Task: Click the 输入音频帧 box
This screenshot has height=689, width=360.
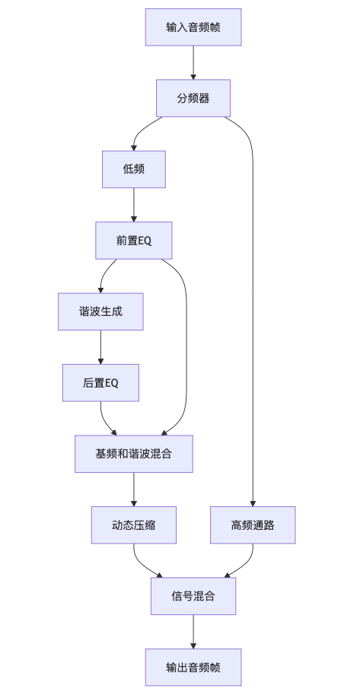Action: (x=193, y=28)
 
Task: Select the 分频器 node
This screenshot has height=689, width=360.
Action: (x=193, y=98)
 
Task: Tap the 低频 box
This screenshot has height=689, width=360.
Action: (x=134, y=169)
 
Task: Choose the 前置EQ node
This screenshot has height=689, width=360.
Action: (x=134, y=241)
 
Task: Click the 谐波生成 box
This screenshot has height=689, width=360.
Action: (x=100, y=311)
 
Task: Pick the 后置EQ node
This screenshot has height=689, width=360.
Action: (x=100, y=382)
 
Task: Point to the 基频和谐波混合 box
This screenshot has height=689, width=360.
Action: (x=134, y=454)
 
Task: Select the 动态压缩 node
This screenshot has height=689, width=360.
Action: (x=134, y=525)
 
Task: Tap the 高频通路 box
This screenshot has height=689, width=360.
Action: (x=253, y=525)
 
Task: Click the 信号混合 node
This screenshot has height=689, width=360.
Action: (x=193, y=596)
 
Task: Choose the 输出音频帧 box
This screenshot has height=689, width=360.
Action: (x=193, y=667)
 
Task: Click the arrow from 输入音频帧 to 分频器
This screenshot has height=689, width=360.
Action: (x=193, y=63)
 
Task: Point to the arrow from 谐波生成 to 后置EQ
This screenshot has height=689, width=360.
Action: (x=100, y=346)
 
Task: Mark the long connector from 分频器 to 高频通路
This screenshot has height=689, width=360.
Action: (x=253, y=305)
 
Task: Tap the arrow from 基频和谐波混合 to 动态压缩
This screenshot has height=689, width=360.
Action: (x=134, y=489)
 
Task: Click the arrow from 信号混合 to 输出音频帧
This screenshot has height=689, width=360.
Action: (x=193, y=631)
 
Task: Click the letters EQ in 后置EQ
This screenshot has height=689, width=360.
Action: (x=111, y=382)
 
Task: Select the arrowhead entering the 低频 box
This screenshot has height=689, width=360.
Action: (x=134, y=147)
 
